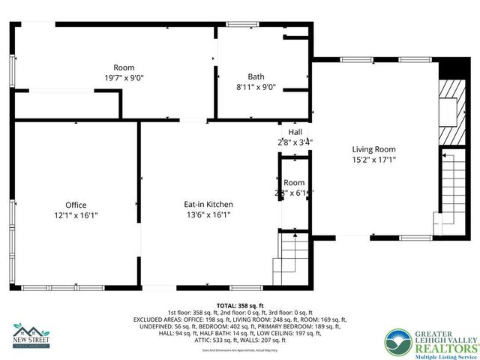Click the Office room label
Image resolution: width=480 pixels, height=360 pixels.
coord(76,205)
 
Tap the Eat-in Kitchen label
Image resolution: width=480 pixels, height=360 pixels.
coord(208,204)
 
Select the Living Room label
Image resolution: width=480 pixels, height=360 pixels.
coord(373,148)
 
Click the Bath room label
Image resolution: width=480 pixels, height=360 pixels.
coord(256,76)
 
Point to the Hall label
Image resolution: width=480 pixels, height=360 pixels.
coord(295,132)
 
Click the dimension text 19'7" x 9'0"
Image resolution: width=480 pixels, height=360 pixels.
coord(124,77)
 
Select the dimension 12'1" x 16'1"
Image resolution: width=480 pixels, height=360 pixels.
coord(76,214)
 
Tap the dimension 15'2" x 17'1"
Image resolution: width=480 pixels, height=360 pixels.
coord(373,159)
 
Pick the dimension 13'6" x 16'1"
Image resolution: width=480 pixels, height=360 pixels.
coord(208,214)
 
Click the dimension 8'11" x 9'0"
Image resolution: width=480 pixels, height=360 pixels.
coord(256,86)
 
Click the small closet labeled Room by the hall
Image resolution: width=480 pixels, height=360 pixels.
coord(294,187)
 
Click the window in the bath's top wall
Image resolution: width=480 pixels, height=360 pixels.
coord(239,25)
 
